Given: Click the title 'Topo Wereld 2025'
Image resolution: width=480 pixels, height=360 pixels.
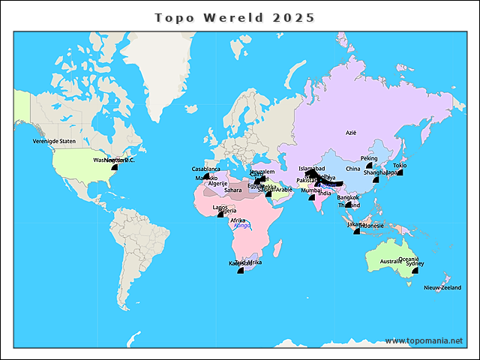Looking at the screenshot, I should click(235, 17).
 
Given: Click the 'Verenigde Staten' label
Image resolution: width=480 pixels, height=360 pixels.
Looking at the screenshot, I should click(54, 141).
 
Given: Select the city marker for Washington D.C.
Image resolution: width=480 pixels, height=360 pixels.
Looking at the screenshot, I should click(115, 167).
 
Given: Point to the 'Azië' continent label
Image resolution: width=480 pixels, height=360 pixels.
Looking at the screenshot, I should click(350, 132).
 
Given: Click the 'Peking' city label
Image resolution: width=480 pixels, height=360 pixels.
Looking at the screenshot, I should click(369, 158).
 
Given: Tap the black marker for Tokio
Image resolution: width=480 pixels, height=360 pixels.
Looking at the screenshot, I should click(400, 172).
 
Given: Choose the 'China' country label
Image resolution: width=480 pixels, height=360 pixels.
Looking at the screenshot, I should click(352, 169).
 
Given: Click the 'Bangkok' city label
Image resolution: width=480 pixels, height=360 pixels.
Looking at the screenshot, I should click(348, 197).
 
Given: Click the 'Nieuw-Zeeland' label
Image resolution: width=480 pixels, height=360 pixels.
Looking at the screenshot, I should click(442, 288).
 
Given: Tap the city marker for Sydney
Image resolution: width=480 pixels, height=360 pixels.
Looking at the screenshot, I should click(415, 271).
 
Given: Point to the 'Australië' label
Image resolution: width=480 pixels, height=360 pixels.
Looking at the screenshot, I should click(392, 262).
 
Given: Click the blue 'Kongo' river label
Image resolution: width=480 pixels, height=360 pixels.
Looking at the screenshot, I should click(241, 225).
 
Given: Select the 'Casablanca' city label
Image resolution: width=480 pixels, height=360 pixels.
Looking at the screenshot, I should click(205, 169).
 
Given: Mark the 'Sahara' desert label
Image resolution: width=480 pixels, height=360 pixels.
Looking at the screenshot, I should click(233, 190).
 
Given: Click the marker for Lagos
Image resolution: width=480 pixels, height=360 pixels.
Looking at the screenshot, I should click(220, 214).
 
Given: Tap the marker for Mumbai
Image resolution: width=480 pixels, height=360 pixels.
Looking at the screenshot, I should click(311, 197).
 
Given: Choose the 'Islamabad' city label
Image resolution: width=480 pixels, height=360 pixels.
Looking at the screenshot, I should click(311, 169).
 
